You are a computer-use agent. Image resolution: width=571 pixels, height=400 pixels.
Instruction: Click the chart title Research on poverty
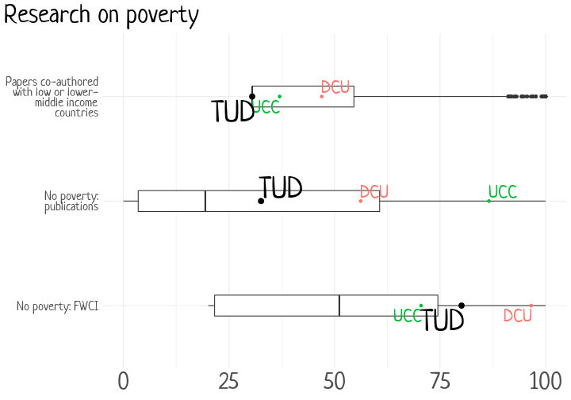[x=102, y=15]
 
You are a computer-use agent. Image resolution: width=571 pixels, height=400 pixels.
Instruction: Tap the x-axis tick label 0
[x=123, y=381]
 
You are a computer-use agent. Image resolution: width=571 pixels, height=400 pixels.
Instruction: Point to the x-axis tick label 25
[x=228, y=381]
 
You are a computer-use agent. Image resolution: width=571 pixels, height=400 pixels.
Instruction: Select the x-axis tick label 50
[x=334, y=381]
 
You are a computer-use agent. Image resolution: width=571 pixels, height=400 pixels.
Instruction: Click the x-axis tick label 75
[x=439, y=381]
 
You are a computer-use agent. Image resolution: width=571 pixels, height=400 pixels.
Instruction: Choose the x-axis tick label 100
[x=545, y=381]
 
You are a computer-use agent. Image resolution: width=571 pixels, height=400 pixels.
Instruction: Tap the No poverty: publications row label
[x=71, y=202]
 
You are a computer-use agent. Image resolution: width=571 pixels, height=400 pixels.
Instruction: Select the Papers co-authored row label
[x=52, y=97]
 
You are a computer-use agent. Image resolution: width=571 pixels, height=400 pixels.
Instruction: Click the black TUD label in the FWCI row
[x=443, y=321]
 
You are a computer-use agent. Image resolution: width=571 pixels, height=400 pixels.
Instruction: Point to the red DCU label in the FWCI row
[x=518, y=316]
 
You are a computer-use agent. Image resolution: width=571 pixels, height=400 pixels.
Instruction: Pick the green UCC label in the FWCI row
[x=408, y=316]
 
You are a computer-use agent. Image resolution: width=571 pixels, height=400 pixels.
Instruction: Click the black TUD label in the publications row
[x=281, y=188]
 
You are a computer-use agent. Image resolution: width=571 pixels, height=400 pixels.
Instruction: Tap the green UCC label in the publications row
[x=502, y=192]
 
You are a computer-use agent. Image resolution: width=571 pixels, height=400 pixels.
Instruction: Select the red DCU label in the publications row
[x=374, y=192]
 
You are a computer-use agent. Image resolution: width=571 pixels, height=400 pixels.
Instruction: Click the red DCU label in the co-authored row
[x=335, y=87]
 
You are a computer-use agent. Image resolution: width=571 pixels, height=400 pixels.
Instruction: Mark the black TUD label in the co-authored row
[x=232, y=112]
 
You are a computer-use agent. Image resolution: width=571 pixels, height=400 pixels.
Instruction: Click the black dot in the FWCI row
[x=462, y=306]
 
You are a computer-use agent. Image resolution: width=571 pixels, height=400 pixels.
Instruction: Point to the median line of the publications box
[x=205, y=201]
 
